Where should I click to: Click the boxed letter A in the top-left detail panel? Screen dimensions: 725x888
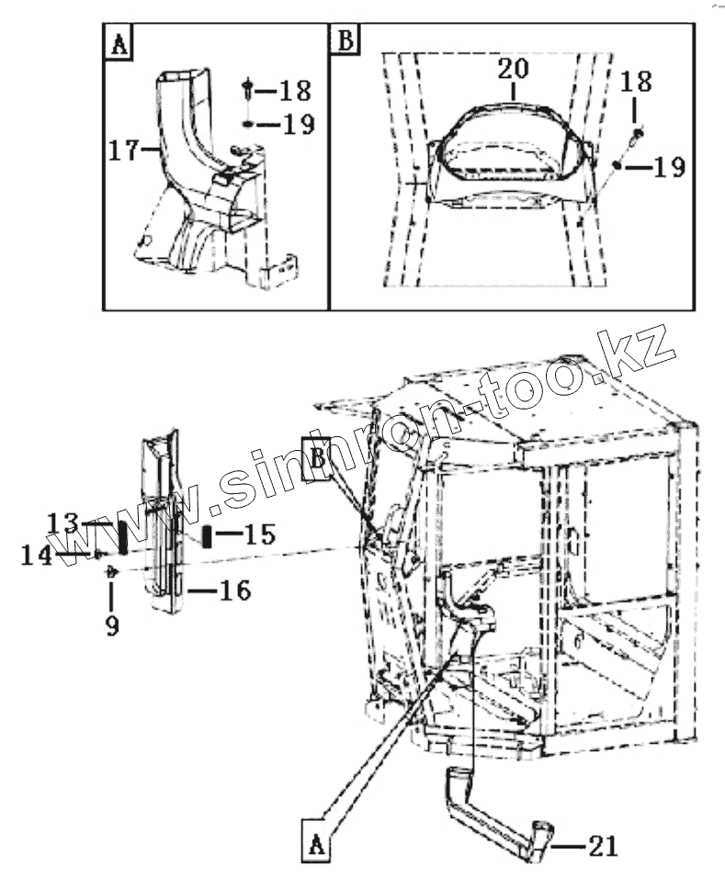[119, 43]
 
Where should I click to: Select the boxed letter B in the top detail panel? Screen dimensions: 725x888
[346, 42]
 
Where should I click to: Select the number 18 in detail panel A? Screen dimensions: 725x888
[294, 91]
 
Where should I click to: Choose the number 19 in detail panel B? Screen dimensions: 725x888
[668, 167]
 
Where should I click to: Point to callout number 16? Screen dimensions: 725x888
[234, 590]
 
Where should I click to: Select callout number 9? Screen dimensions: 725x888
[111, 625]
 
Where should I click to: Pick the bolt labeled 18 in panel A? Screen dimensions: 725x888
[249, 90]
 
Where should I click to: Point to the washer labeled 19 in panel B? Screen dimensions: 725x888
[616, 165]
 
